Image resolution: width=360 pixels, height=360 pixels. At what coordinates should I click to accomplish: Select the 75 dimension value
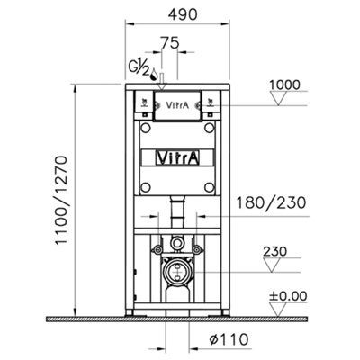(x=168, y=42)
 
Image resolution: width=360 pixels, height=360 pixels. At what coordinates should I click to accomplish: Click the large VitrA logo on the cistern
(x=177, y=157)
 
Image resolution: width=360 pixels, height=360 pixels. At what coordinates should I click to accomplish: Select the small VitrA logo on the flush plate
(x=178, y=104)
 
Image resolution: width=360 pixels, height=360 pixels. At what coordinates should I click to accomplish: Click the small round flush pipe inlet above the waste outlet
(x=177, y=244)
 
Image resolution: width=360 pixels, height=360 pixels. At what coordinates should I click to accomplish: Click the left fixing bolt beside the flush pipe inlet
(x=158, y=244)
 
